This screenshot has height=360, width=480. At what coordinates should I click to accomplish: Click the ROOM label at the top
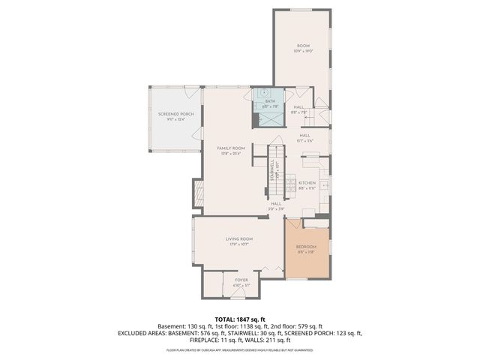[x=303, y=46]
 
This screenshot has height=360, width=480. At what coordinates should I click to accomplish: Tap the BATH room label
[x=270, y=100]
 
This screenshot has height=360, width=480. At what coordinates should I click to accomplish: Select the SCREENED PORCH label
[x=172, y=114]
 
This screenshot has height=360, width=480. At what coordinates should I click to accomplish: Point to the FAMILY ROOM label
[x=231, y=148]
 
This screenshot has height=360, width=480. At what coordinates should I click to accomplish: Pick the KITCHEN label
[x=307, y=183]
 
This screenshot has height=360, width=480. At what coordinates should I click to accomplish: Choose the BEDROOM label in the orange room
[x=306, y=247]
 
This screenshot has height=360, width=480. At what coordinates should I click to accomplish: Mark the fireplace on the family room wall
[x=199, y=193]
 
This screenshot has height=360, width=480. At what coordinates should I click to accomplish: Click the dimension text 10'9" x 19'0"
[x=303, y=51]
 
